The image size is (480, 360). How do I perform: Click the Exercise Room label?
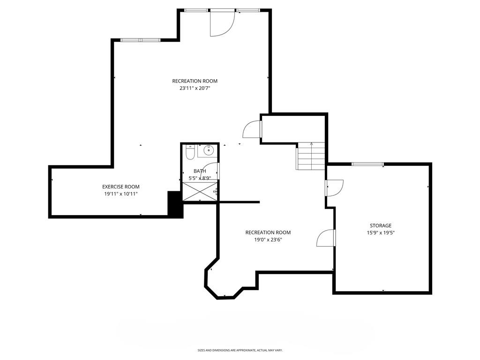pyautogui.click(x=120, y=187)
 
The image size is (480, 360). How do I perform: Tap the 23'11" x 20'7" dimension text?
pyautogui.click(x=195, y=89)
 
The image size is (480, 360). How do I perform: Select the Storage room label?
pyautogui.click(x=381, y=225)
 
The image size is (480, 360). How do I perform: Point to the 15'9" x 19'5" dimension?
pyautogui.click(x=381, y=232)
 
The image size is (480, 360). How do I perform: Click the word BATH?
pyautogui.click(x=200, y=171)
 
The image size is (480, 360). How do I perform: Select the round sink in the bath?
pyautogui.click(x=209, y=150)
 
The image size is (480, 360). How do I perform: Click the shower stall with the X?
pyautogui.click(x=200, y=192)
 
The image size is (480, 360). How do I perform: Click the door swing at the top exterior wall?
pyautogui.click(x=222, y=23)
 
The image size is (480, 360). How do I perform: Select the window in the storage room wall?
pyautogui.click(x=367, y=164)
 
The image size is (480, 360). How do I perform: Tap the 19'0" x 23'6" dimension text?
pyautogui.click(x=268, y=240)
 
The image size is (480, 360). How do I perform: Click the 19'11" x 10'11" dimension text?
pyautogui.click(x=120, y=194)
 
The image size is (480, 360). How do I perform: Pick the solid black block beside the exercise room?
pyautogui.click(x=175, y=204)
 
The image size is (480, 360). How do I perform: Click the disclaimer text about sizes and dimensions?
pyautogui.click(x=240, y=350)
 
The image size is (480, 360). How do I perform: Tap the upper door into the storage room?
pyautogui.click(x=335, y=187)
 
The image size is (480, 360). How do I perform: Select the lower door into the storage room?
pyautogui.click(x=326, y=238)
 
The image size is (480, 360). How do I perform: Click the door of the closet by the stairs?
pyautogui.click(x=252, y=129)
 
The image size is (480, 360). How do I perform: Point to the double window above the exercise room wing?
pyautogui.click(x=141, y=40)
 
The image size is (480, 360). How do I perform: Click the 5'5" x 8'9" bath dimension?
pyautogui.click(x=200, y=178)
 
